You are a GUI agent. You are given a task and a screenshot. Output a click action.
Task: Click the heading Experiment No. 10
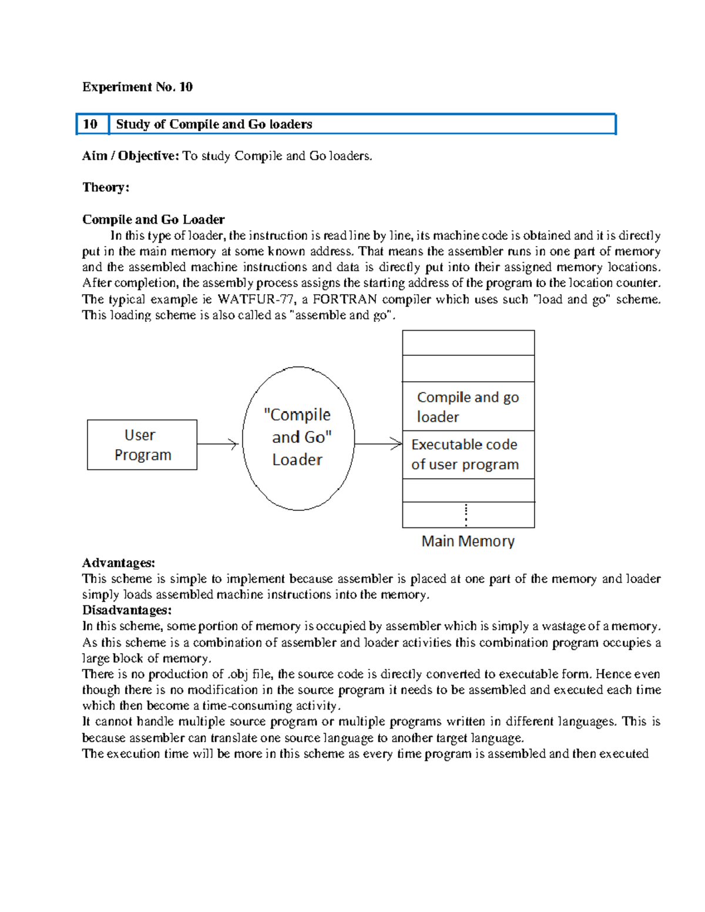pyautogui.click(x=137, y=87)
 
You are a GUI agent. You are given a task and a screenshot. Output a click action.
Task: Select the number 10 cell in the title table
pyautogui.click(x=90, y=124)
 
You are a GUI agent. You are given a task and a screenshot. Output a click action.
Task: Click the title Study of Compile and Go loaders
pyautogui.click(x=214, y=124)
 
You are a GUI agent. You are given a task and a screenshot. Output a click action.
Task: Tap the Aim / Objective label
pyautogui.click(x=130, y=156)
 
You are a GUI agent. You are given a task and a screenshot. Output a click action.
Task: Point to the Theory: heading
pyautogui.click(x=106, y=187)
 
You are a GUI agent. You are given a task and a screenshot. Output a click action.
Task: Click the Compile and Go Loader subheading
pyautogui.click(x=153, y=220)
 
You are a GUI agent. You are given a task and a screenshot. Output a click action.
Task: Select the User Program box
pyautogui.click(x=142, y=445)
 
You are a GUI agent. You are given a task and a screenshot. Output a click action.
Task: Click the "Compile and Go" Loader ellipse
pyautogui.click(x=298, y=438)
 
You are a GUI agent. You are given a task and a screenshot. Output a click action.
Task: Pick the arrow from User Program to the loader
pyautogui.click(x=217, y=444)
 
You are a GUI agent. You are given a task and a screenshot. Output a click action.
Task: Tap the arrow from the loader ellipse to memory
pyautogui.click(x=378, y=444)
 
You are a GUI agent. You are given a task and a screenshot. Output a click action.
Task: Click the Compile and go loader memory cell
pyautogui.click(x=468, y=406)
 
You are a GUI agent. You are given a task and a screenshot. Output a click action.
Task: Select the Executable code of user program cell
pyautogui.click(x=468, y=455)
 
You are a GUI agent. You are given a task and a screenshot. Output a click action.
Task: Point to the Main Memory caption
pyautogui.click(x=468, y=541)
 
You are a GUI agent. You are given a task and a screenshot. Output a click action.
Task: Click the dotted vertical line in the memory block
pyautogui.click(x=466, y=514)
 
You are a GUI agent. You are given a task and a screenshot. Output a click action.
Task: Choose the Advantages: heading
pyautogui.click(x=119, y=563)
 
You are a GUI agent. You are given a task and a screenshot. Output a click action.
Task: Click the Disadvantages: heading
pyautogui.click(x=127, y=610)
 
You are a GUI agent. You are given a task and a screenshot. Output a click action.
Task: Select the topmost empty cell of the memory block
pyautogui.click(x=468, y=343)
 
